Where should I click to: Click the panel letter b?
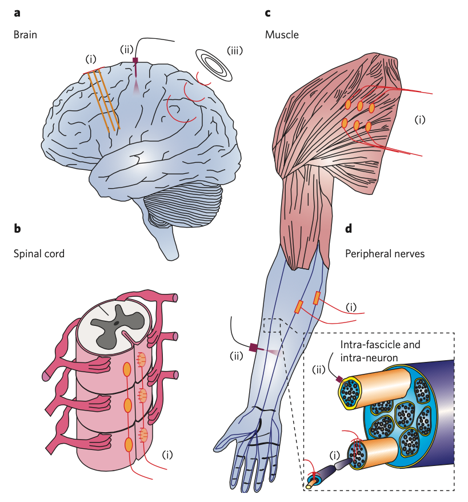tap(17, 229)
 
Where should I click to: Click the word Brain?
tap(25, 34)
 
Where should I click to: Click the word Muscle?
tap(282, 34)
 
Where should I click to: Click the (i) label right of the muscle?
tap(420, 120)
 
